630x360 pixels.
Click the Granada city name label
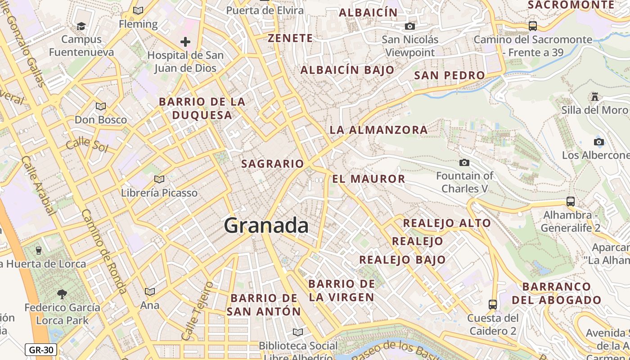[x=266, y=225]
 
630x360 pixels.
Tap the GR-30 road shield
[x=41, y=350]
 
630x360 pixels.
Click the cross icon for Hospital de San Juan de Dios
[x=185, y=42]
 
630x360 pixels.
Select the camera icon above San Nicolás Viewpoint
[x=409, y=27]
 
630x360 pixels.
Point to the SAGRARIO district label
[x=273, y=164]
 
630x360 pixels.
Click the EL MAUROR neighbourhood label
[x=369, y=179]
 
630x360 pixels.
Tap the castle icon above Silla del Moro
[x=595, y=96]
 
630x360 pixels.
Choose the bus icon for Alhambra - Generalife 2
[x=571, y=201]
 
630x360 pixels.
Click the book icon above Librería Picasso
[x=159, y=179]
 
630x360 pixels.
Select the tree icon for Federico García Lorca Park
[x=62, y=294]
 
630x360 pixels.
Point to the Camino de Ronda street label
[x=104, y=252]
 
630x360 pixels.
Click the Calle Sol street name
[x=87, y=145]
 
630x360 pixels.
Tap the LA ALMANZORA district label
[x=378, y=130]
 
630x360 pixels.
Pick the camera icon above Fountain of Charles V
[x=464, y=162]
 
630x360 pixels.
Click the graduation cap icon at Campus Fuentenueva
[x=81, y=26]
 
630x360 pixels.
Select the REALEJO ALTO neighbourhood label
[x=446, y=223]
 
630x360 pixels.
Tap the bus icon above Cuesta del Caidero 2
[x=493, y=305]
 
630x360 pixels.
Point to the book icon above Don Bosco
[x=101, y=106]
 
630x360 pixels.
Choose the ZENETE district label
[x=290, y=38]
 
